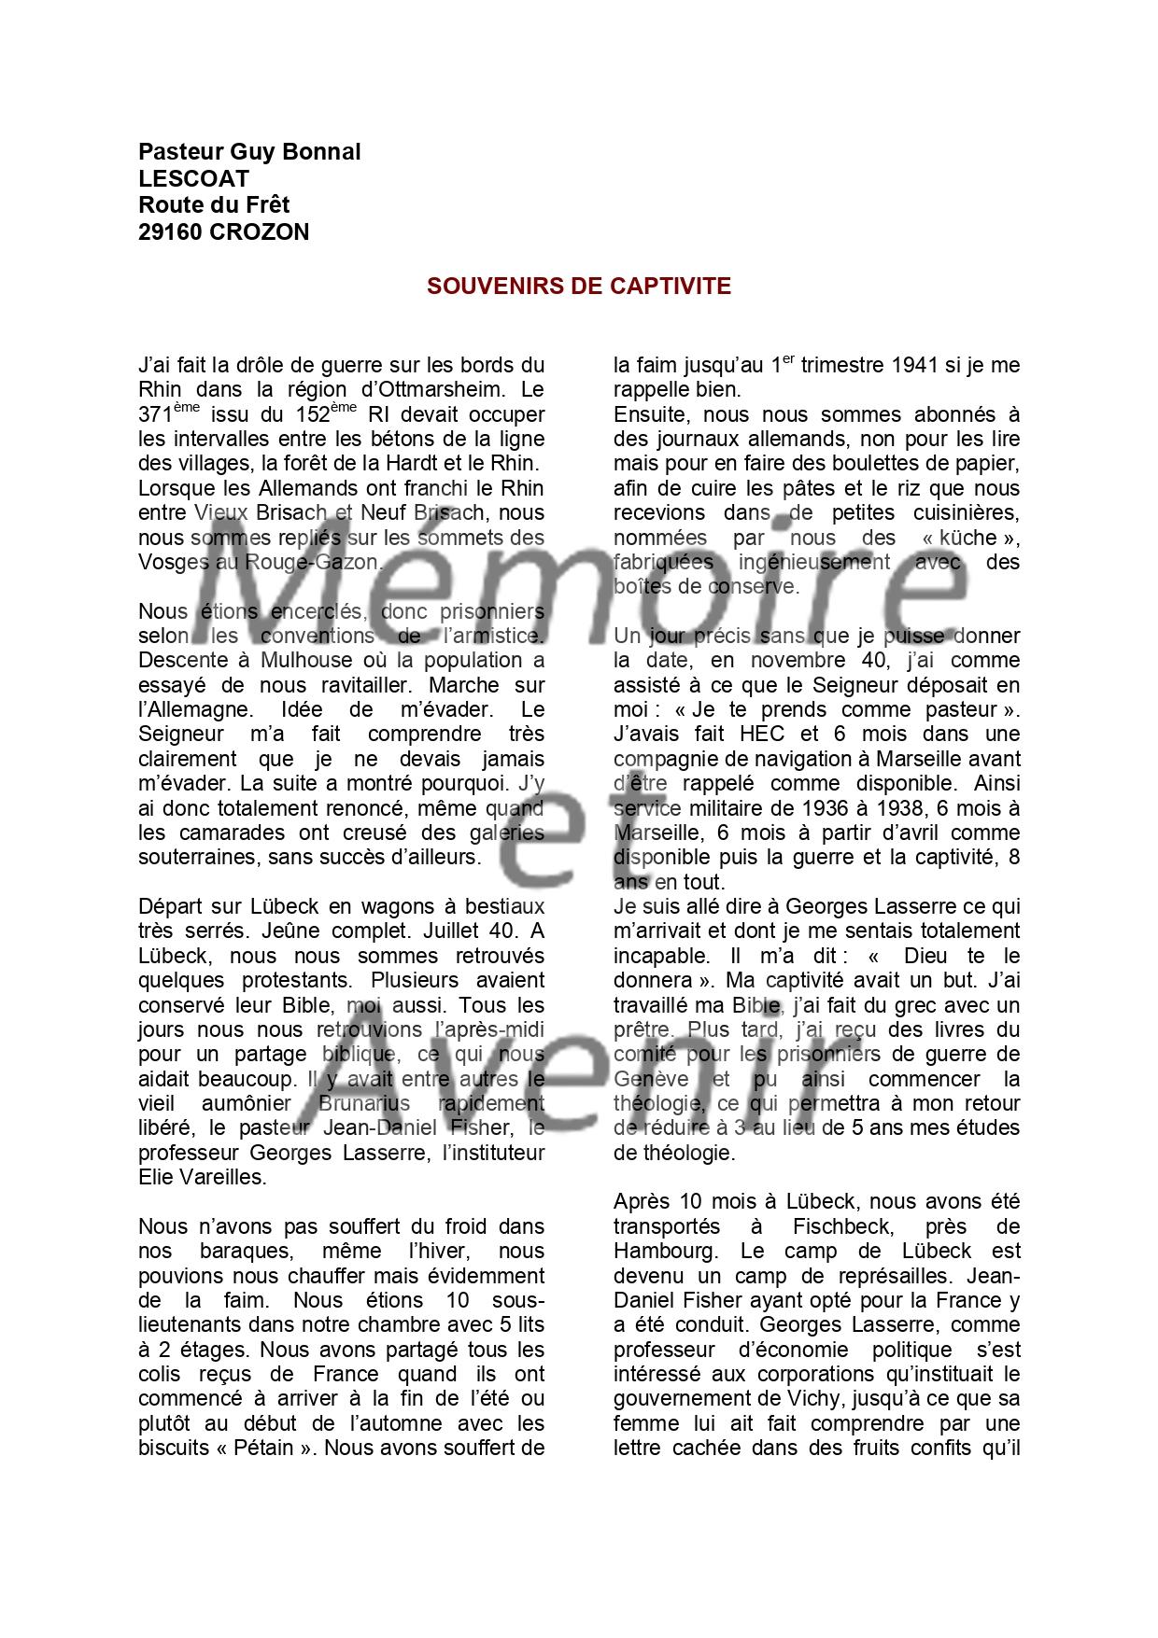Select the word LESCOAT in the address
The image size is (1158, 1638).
[194, 178]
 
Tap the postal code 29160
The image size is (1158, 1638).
[171, 232]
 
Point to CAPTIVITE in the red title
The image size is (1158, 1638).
[671, 287]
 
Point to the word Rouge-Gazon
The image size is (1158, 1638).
[314, 562]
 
